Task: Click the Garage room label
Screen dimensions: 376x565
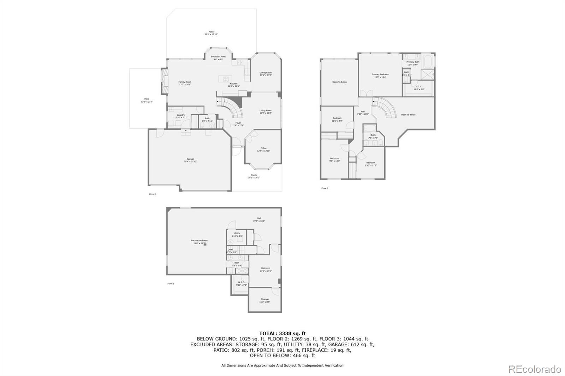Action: (x=190, y=160)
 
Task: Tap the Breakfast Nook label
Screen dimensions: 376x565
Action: (x=218, y=58)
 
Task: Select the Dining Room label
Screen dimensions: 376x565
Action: (x=266, y=74)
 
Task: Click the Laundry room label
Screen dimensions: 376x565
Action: (x=181, y=116)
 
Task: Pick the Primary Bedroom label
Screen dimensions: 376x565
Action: (x=380, y=75)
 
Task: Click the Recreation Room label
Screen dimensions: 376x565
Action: (x=199, y=242)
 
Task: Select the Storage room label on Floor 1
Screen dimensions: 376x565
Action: (x=264, y=301)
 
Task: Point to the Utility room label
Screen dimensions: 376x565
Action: (x=237, y=234)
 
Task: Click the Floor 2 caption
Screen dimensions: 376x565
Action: (x=152, y=194)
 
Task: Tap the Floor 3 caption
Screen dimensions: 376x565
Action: (x=325, y=188)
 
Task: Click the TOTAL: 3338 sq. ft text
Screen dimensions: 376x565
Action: (x=282, y=333)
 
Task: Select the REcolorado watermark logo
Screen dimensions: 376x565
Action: (x=534, y=369)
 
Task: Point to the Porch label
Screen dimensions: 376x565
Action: (x=254, y=176)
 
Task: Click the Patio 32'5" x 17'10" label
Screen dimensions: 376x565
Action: (x=211, y=33)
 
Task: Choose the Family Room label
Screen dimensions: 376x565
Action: (x=185, y=83)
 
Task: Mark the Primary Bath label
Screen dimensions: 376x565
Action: (x=412, y=63)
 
